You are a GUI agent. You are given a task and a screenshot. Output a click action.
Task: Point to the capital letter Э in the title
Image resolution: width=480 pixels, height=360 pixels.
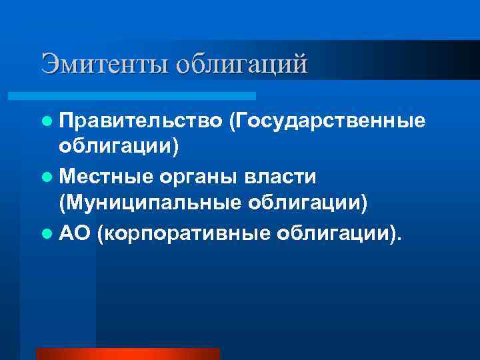coord(49,64)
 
